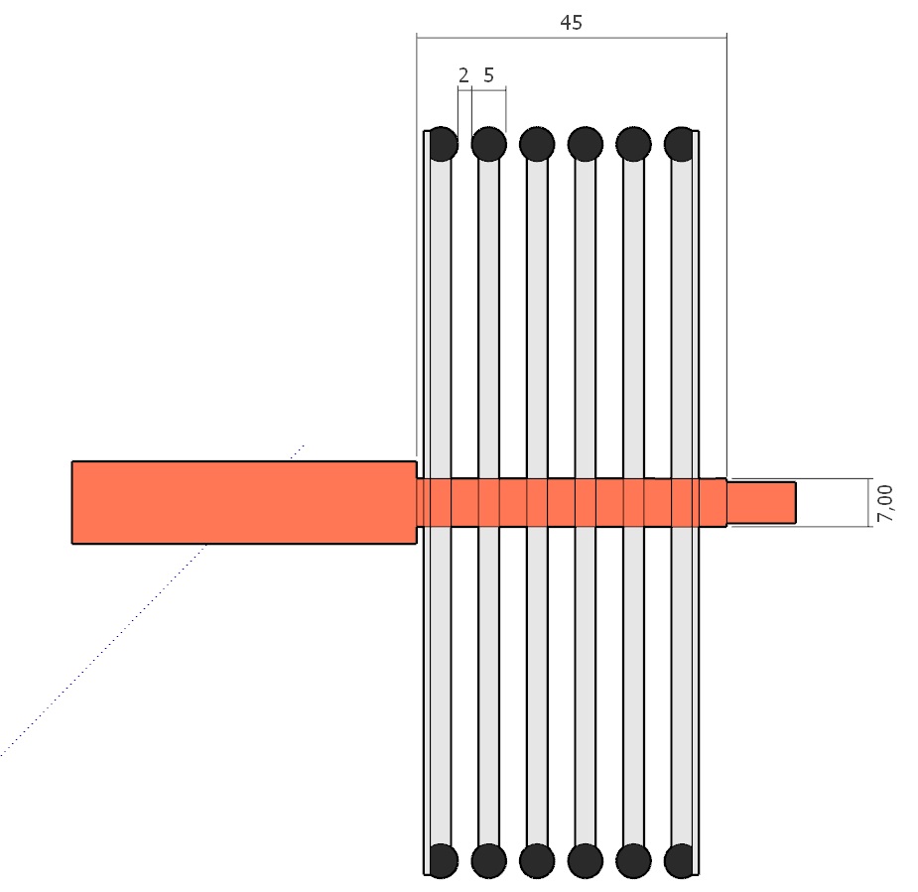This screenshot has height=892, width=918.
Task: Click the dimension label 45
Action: pos(571,22)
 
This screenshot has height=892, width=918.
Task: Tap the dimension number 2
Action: pos(463,75)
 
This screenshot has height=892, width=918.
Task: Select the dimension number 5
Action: pos(489,75)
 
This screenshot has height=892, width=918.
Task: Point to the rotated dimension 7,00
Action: pos(885,503)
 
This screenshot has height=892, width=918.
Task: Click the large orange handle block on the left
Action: pos(244,503)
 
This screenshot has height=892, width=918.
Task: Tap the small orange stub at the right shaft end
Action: pos(761,503)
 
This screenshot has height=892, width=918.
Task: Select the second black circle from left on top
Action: pos(489,144)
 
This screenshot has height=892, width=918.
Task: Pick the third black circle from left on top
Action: pos(537,144)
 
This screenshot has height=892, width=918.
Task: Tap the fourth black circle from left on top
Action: pos(585,144)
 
